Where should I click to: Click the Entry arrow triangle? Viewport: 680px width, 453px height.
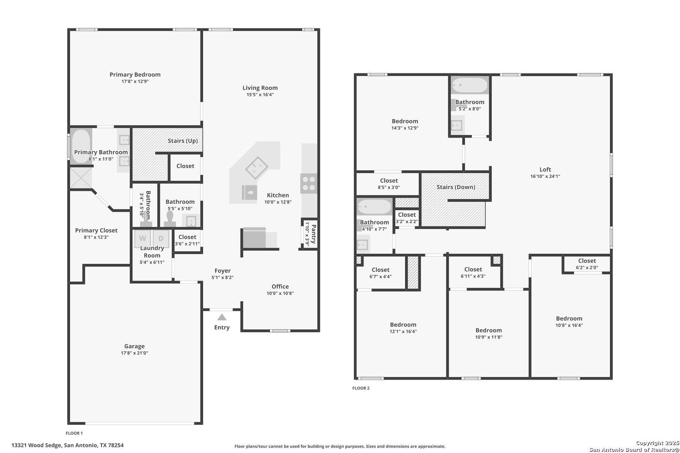(x=222, y=317)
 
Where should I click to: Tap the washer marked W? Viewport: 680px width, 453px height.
(x=143, y=239)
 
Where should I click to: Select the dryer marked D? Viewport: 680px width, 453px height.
(x=161, y=239)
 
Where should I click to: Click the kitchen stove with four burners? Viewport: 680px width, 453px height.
(x=309, y=183)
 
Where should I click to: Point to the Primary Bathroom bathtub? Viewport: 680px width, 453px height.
(x=81, y=146)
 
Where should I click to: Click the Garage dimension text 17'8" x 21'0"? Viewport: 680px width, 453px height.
(x=134, y=353)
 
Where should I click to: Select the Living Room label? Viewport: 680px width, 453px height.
(x=260, y=88)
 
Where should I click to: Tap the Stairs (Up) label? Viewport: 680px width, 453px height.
(x=183, y=141)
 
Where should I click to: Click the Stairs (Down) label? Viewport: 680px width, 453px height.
(x=456, y=187)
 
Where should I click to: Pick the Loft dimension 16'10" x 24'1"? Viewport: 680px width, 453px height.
(x=545, y=176)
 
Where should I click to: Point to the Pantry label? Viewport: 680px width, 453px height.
(x=314, y=234)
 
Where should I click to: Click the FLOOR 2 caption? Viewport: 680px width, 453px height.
(x=361, y=388)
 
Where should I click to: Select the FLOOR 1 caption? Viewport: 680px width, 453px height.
(x=74, y=433)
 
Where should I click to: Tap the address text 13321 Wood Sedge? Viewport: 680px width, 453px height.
(x=37, y=445)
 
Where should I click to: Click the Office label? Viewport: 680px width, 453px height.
(x=280, y=286)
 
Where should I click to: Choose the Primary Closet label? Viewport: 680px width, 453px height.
(x=96, y=230)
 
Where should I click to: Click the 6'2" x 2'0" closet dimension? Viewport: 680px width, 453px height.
(x=587, y=268)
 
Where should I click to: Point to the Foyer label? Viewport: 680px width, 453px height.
(x=222, y=271)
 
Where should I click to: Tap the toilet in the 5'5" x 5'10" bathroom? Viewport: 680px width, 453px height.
(x=170, y=219)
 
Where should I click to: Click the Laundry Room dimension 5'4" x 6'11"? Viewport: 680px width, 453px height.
(x=152, y=262)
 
